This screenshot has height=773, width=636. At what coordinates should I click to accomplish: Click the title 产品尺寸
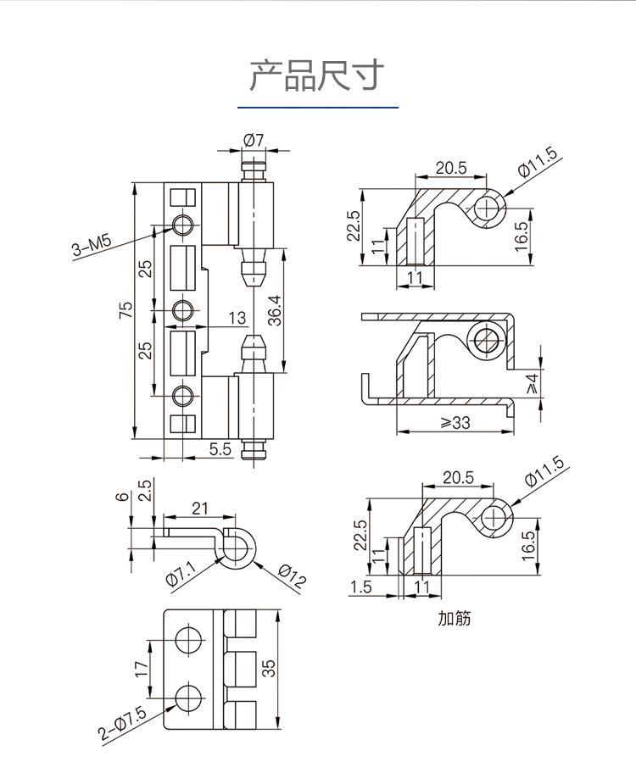(x=317, y=75)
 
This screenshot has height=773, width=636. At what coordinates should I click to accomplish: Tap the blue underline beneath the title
(x=317, y=108)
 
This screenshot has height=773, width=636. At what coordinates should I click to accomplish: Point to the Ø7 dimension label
(x=254, y=139)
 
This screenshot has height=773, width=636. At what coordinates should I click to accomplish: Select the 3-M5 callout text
(x=92, y=247)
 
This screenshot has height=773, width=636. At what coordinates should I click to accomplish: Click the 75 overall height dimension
(x=126, y=312)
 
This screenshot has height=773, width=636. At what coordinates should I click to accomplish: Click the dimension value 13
(x=237, y=318)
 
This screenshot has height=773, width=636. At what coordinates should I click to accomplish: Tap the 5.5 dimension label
(x=220, y=449)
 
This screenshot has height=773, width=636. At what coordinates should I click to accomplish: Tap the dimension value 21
(x=200, y=508)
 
